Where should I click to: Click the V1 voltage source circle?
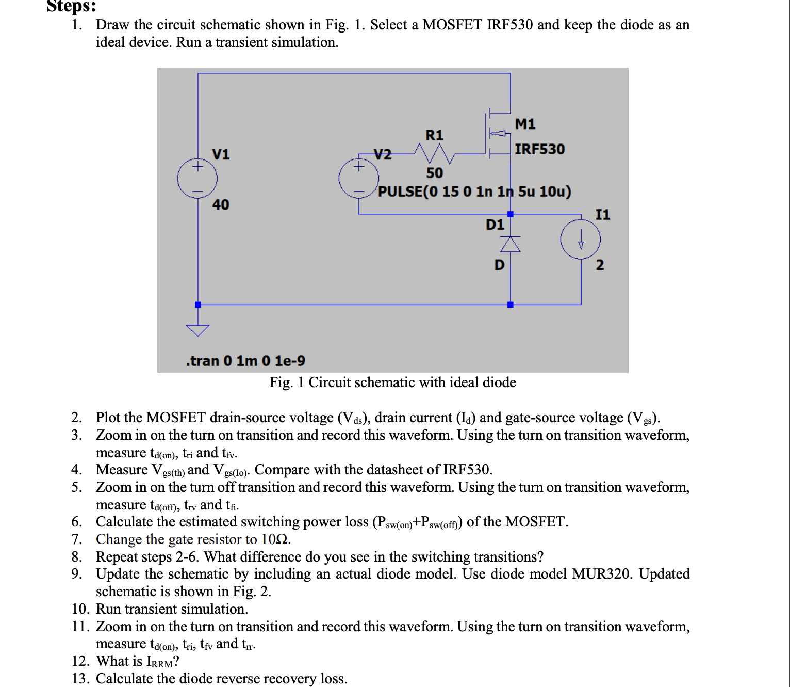pyautogui.click(x=197, y=179)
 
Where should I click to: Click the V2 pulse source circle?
pyautogui.click(x=358, y=179)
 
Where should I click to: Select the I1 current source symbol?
pyautogui.click(x=581, y=239)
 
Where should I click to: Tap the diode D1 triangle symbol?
pyautogui.click(x=511, y=244)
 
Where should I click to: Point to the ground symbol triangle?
pyautogui.click(x=197, y=330)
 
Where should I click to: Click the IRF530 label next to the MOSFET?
pyautogui.click(x=539, y=149)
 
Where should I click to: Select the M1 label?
pyautogui.click(x=525, y=124)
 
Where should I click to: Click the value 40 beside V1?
pyautogui.click(x=221, y=205)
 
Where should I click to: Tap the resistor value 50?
pyautogui.click(x=434, y=173)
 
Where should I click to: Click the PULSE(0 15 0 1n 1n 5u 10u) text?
pyautogui.click(x=474, y=191)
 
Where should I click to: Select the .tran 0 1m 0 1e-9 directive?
pyautogui.click(x=245, y=361)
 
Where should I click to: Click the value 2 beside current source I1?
pyautogui.click(x=600, y=265)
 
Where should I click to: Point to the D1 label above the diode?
pyautogui.click(x=495, y=225)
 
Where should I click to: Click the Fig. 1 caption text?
pyautogui.click(x=392, y=382)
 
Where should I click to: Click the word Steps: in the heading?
pyautogui.click(x=71, y=7)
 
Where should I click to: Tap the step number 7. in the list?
pyautogui.click(x=77, y=539)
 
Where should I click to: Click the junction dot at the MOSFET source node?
pyautogui.click(x=511, y=214)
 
